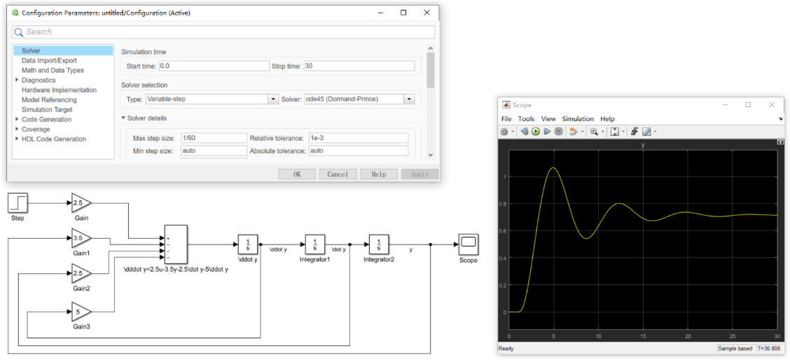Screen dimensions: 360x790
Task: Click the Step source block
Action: (x=18, y=203)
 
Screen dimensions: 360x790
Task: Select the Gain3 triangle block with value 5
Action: (x=80, y=312)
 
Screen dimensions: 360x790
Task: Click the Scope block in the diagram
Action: (x=468, y=244)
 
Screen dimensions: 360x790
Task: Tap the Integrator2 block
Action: (x=379, y=244)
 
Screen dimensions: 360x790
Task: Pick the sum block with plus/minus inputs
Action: (x=175, y=244)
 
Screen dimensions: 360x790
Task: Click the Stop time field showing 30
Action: (x=359, y=66)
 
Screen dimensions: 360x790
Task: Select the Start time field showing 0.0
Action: (x=214, y=66)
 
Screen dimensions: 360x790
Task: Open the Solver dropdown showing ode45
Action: (x=359, y=99)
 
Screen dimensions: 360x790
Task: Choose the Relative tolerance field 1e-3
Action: (x=358, y=138)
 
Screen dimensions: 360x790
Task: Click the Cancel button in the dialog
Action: (x=338, y=174)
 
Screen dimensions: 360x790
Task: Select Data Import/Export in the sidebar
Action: (x=49, y=60)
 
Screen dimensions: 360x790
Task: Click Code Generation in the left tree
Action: (x=46, y=119)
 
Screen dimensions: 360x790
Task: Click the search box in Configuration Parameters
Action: (x=224, y=32)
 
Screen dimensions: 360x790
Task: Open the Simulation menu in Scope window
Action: (x=578, y=119)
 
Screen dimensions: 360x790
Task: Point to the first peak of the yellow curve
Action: (x=553, y=168)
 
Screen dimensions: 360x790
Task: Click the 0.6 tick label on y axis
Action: (x=503, y=231)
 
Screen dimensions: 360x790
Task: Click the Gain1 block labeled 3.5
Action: (x=80, y=238)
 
